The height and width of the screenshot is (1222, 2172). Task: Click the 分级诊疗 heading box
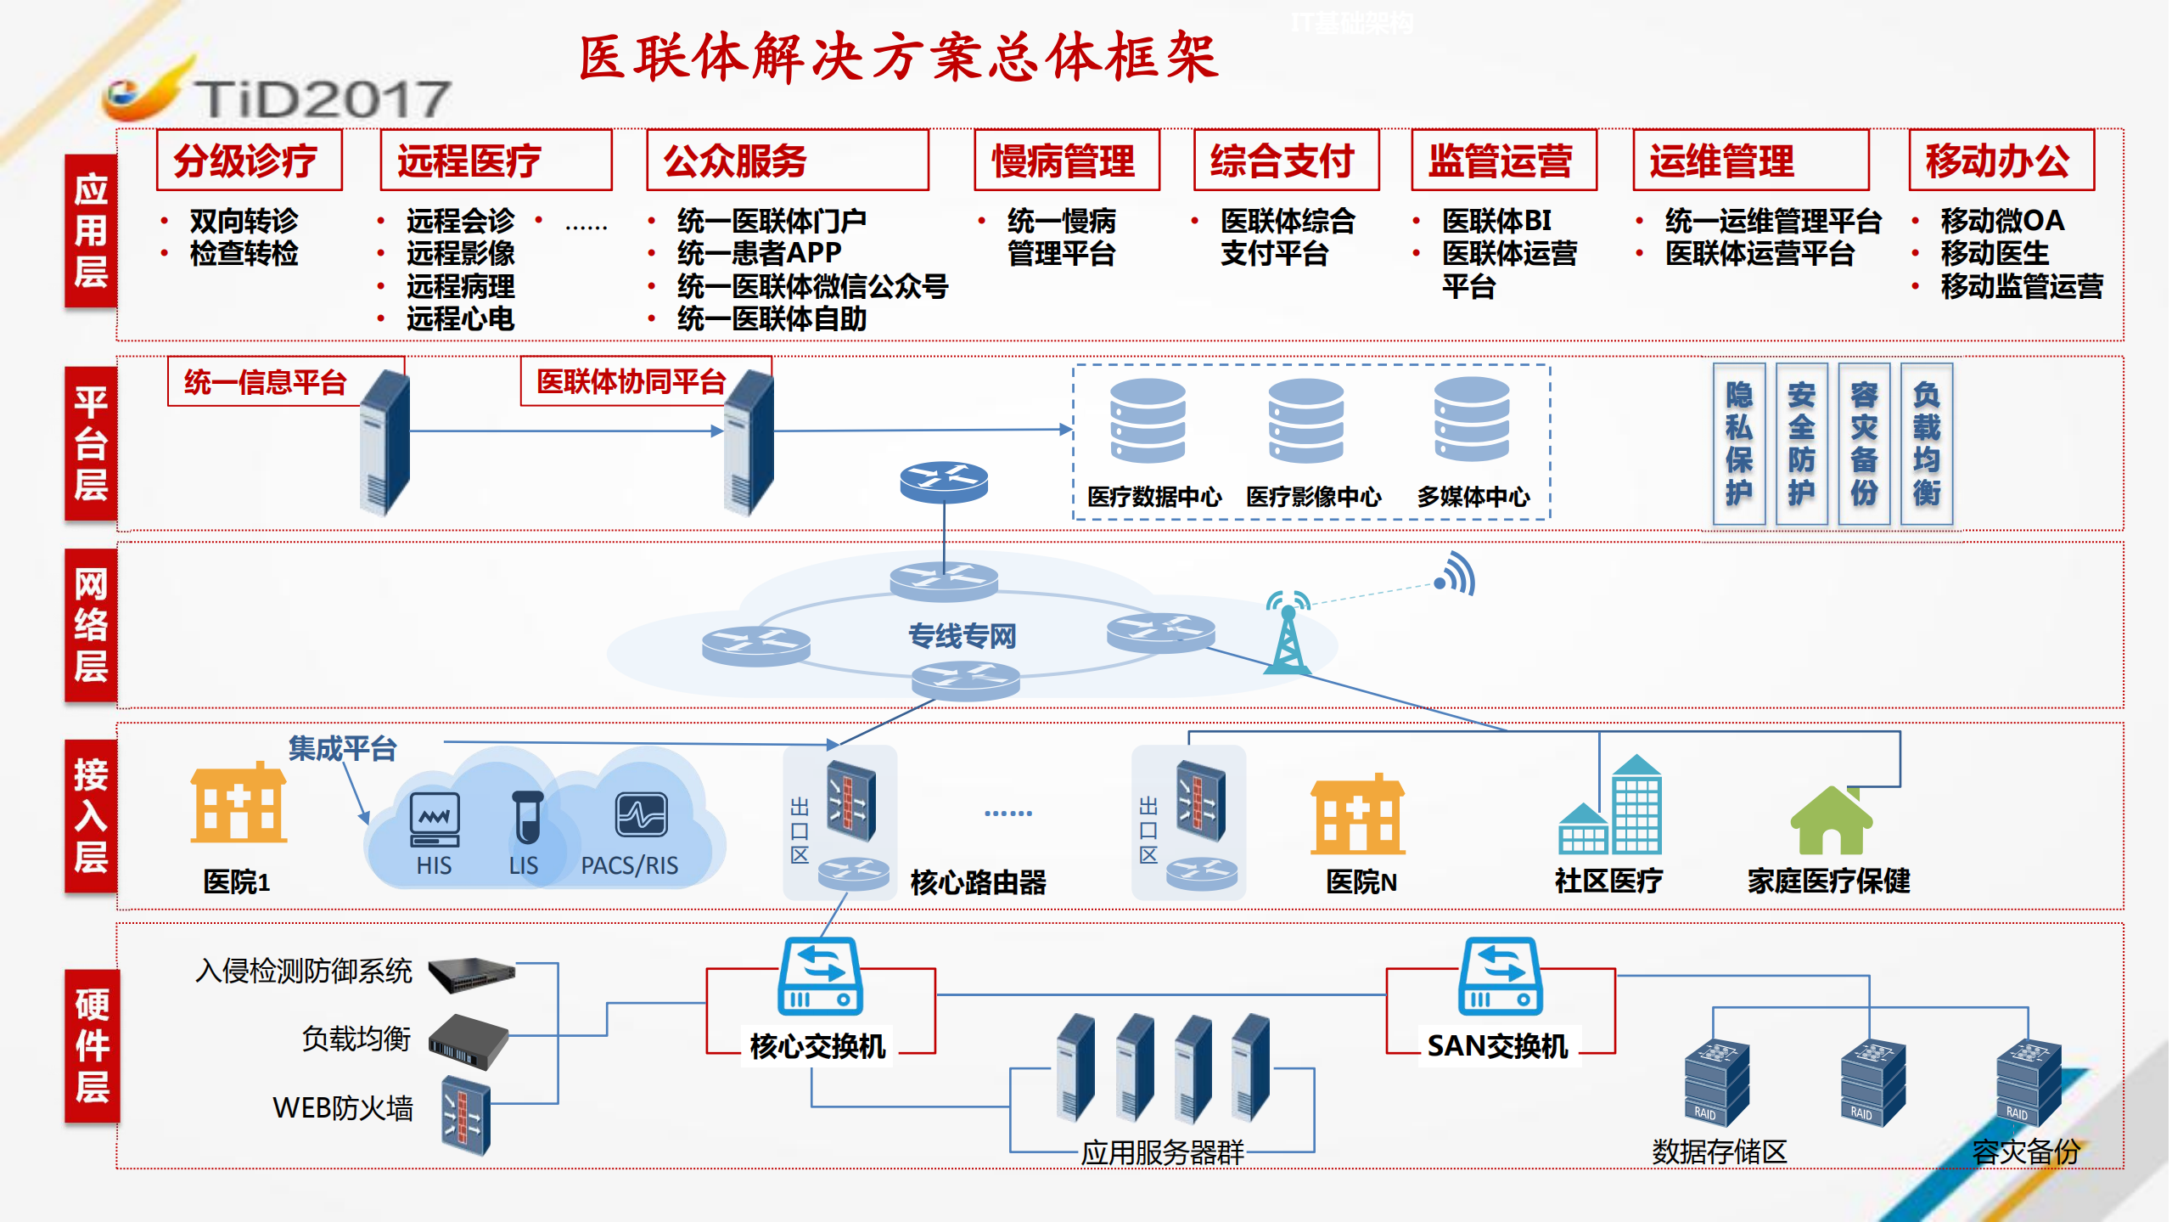pyautogui.click(x=249, y=160)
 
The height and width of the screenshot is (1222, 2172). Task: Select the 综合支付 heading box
pyautogui.click(x=1285, y=160)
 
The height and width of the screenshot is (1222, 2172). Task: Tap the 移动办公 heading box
pyautogui.click(x=2000, y=160)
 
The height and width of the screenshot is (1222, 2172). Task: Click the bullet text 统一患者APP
pyautogui.click(x=759, y=253)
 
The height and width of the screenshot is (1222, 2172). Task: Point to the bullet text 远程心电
pyautogui.click(x=460, y=319)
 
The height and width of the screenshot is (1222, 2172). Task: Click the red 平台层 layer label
pyautogui.click(x=90, y=443)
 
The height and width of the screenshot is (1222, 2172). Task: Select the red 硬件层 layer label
pyautogui.click(x=92, y=1045)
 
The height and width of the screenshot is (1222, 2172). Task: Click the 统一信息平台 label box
pyautogui.click(x=266, y=382)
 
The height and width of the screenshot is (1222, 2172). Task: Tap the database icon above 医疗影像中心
pyautogui.click(x=1305, y=420)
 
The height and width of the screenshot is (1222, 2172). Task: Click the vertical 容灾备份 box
pyautogui.click(x=1863, y=443)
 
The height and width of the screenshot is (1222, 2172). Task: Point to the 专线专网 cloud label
pyautogui.click(x=962, y=635)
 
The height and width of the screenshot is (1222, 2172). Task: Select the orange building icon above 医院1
pyautogui.click(x=239, y=802)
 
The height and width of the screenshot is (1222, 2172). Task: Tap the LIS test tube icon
pyautogui.click(x=527, y=817)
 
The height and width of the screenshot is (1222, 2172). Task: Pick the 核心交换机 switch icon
pyautogui.click(x=820, y=977)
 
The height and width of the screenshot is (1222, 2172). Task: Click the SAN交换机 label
pyautogui.click(x=1497, y=1046)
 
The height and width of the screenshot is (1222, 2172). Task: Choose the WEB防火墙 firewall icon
pyautogui.click(x=465, y=1116)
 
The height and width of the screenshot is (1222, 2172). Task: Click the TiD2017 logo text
pyautogui.click(x=323, y=99)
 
